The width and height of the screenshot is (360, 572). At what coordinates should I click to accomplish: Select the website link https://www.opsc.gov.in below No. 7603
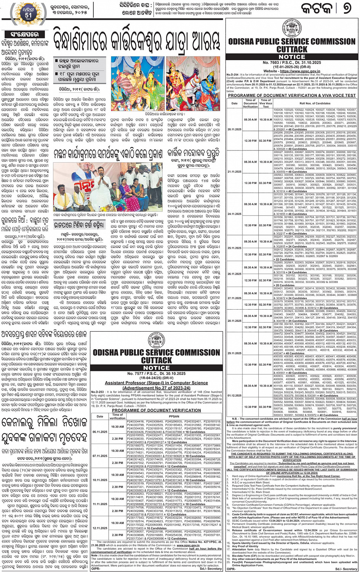pyautogui.click(x=292, y=71)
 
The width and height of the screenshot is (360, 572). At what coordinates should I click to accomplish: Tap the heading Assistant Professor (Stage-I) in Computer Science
pyautogui.click(x=157, y=383)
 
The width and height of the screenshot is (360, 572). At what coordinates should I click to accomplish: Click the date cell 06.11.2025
pyautogui.click(x=100, y=432)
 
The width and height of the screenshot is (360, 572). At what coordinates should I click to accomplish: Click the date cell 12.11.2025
pyautogui.click(x=100, y=528)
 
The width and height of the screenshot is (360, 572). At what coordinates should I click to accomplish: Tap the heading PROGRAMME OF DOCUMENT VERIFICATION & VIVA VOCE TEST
pyautogui.click(x=292, y=96)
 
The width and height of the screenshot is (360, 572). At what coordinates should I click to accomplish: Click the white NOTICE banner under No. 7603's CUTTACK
pyautogui.click(x=292, y=57)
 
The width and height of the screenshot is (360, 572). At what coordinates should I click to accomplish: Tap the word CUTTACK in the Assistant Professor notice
pyautogui.click(x=157, y=360)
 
